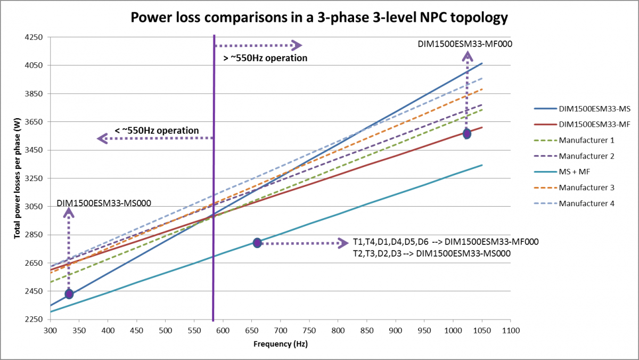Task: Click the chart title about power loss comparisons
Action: pyautogui.click(x=319, y=18)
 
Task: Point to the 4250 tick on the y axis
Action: pyautogui.click(x=35, y=37)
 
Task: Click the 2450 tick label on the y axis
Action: pyautogui.click(x=35, y=291)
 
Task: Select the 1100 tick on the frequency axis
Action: pyautogui.click(x=510, y=330)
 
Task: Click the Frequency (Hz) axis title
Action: pyautogui.click(x=280, y=344)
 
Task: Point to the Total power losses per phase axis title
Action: pyautogui.click(x=17, y=179)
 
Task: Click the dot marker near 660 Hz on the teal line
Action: pyautogui.click(x=257, y=243)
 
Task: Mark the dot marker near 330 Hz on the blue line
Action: pyautogui.click(x=69, y=294)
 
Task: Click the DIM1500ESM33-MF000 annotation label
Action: pyautogui.click(x=465, y=44)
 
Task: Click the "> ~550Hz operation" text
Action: pyautogui.click(x=265, y=58)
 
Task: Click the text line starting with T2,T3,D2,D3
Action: pyautogui.click(x=431, y=253)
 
